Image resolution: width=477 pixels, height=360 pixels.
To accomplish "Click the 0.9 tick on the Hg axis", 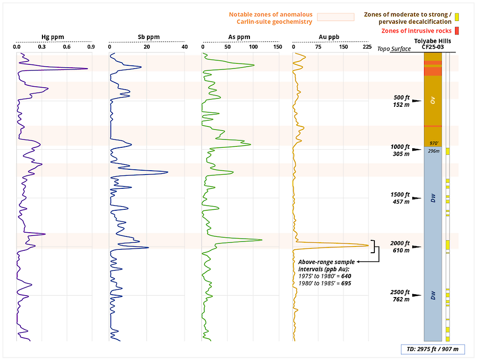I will coord(91,47).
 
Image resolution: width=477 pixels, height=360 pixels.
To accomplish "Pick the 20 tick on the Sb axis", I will coord(146,47).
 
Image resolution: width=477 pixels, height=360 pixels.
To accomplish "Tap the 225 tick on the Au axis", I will coord(366,47).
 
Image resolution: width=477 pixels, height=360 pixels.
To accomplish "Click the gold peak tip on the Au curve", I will coord(369,245).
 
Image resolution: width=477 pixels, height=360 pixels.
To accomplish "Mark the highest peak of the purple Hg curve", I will coord(88,69).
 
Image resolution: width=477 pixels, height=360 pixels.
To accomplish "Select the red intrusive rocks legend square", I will coord(456,31).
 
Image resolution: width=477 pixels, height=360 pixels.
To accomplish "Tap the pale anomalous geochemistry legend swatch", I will coord(336,17).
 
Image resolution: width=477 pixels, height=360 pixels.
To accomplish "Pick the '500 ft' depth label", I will coord(401,98).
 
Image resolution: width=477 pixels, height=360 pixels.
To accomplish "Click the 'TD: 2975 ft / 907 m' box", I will coord(432,349).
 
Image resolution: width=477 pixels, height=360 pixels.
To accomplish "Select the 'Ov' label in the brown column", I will coord(433,101).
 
